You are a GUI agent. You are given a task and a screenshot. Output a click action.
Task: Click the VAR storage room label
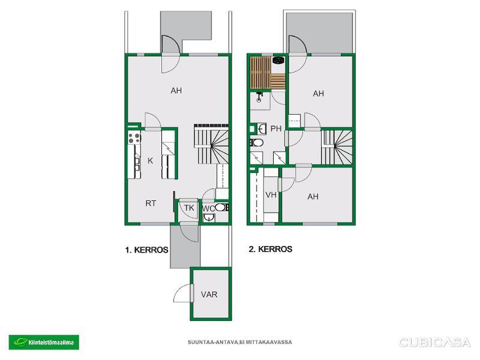coord(209,295)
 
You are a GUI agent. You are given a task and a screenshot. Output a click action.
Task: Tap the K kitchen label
coord(150,161)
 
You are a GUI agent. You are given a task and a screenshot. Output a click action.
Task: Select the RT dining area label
coord(151,203)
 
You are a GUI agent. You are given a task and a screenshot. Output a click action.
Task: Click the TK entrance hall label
coord(189,208)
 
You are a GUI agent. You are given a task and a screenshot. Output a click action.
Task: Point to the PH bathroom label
coord(276,128)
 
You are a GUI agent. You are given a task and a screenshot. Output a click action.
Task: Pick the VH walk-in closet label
coord(271,194)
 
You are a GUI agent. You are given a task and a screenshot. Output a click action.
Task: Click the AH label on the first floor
coord(176,91)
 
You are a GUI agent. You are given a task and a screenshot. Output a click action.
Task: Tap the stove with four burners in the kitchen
coord(134,137)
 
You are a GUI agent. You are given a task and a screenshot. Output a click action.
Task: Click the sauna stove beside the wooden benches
coord(278,61)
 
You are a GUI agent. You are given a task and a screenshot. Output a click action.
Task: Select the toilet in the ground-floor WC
coord(221,207)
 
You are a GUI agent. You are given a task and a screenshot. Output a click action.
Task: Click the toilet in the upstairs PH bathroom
coord(257,143)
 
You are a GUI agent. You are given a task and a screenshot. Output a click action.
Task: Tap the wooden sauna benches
coord(268,73)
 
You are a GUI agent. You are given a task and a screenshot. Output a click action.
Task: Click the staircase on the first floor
coord(211,144)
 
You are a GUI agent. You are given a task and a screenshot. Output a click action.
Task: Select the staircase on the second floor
coord(337,148)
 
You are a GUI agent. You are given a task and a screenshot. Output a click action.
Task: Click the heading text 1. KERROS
coord(146,250)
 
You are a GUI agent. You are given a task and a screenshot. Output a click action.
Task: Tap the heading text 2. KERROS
coord(271,249)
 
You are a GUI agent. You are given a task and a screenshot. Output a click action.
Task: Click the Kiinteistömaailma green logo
coord(44,342)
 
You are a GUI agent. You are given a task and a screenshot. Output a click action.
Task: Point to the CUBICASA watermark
coord(434,342)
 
